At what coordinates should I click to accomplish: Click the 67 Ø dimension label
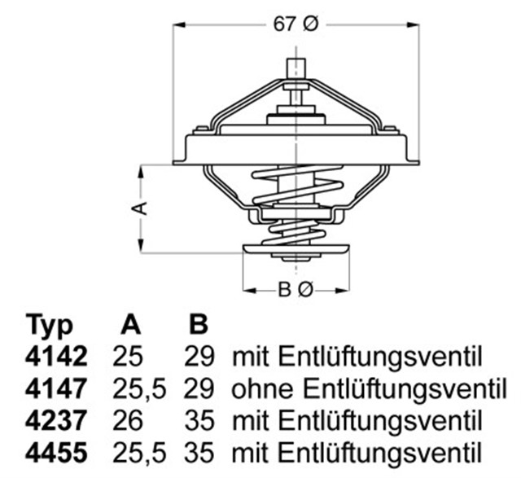[x=295, y=25]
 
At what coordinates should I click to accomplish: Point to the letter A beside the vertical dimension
[x=140, y=208]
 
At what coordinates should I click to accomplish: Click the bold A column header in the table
[x=130, y=326]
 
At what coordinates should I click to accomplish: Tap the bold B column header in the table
[x=198, y=326]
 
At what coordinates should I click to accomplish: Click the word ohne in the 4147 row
[x=260, y=388]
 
